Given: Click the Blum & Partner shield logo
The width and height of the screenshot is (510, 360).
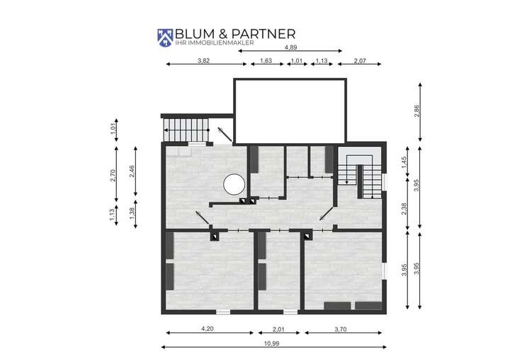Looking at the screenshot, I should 166,38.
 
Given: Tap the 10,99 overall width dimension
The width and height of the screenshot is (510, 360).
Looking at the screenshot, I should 273,341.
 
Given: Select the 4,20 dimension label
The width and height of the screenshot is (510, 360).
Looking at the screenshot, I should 208,328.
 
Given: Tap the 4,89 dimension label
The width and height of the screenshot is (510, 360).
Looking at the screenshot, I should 290,47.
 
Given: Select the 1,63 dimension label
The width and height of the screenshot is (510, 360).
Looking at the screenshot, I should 266,60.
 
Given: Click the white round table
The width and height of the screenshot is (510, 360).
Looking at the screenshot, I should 233,185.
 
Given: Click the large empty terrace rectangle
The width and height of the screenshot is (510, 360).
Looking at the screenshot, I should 290,110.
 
